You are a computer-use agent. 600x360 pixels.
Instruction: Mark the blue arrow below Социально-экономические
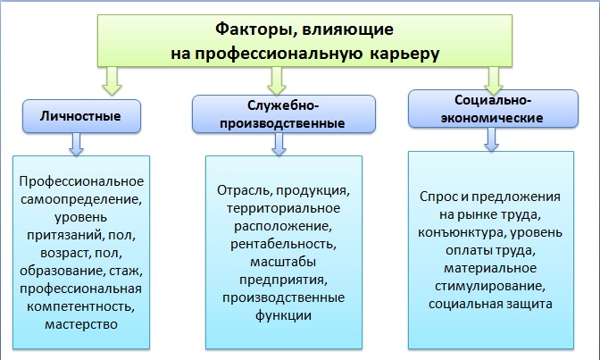(490, 137)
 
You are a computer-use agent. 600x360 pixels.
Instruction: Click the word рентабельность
(281, 243)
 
